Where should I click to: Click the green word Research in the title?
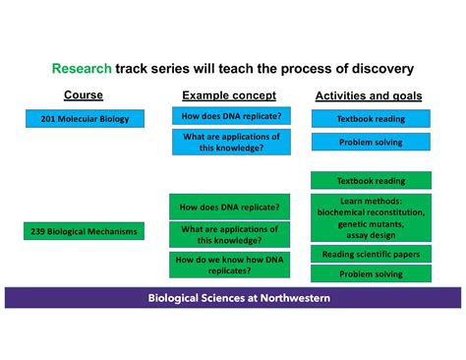coord(82,70)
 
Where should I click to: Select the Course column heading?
coord(84,95)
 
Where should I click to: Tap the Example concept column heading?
coord(229,95)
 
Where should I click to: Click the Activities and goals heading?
coord(369,95)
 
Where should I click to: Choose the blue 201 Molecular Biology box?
coord(85,118)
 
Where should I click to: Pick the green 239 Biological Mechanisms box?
coord(85,232)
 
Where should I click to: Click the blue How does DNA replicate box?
coord(230,116)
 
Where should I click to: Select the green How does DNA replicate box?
coord(230,207)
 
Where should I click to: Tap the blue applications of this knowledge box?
coord(230,143)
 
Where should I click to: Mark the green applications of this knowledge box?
coord(230,234)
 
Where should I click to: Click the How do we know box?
coord(230,263)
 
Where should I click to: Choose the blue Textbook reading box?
coord(371,118)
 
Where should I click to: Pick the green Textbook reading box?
coord(371,181)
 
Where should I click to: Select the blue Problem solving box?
coord(371,143)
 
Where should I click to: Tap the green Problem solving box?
coord(371,274)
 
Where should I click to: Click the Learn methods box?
coord(371,217)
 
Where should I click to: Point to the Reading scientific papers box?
coord(371,254)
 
